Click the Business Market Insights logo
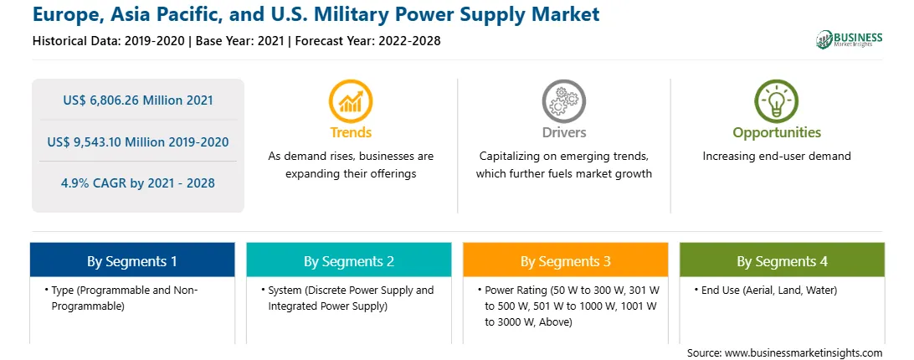pos(850,39)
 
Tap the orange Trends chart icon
pos(351,100)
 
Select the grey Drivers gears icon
pos(563,100)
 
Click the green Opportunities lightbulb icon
pos(777,100)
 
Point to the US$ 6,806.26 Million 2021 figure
pos(138,100)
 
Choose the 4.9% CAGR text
pos(92,183)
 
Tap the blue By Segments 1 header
pos(131,260)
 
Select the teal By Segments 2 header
pos(348,260)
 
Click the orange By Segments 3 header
pos(566,260)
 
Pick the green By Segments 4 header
pos(783,260)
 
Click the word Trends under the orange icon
pos(351,132)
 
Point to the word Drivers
pos(564,132)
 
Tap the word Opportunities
pos(777,133)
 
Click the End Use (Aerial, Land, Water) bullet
pos(765,290)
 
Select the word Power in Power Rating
pos(498,290)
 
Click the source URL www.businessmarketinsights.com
pos(804,352)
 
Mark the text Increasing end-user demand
pos(777,157)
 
